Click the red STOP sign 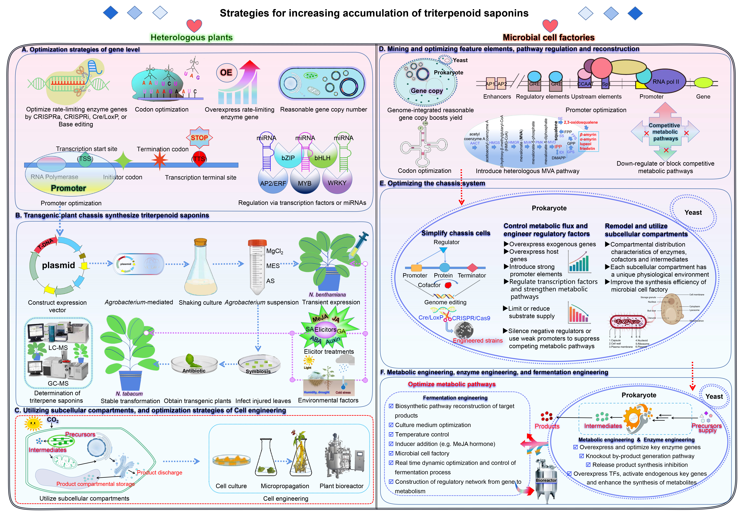point(199,138)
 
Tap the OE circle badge point(226,73)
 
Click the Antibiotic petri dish point(194,365)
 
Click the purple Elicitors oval point(325,329)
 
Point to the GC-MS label point(58,383)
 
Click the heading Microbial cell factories point(548,37)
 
